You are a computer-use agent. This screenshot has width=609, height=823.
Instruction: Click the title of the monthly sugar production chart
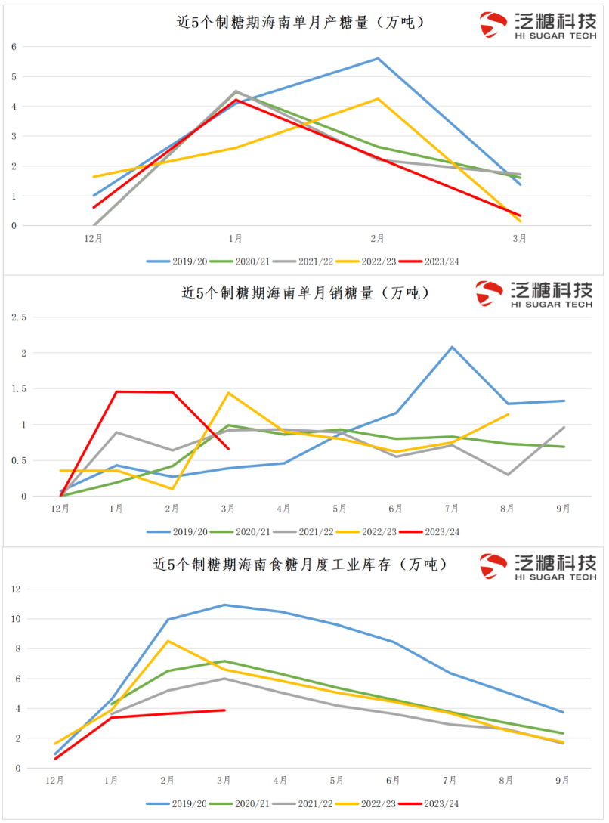pyautogui.click(x=300, y=23)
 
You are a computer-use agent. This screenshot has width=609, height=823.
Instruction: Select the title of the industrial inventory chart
pyautogui.click(x=301, y=564)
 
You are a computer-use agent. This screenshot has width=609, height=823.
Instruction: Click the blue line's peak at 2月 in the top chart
pyautogui.click(x=378, y=59)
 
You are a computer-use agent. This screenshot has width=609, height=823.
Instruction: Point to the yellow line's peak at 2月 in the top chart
pyautogui.click(x=378, y=99)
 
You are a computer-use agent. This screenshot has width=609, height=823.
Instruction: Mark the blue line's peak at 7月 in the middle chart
pyautogui.click(x=452, y=347)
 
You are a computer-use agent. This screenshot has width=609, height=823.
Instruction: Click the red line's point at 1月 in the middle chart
pyautogui.click(x=116, y=391)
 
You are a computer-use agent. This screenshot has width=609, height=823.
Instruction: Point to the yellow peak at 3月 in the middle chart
pyautogui.click(x=228, y=393)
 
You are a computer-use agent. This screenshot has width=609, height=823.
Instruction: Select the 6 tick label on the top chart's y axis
pyautogui.click(x=14, y=47)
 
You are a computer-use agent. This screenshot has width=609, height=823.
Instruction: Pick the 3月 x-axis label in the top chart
pyautogui.click(x=520, y=239)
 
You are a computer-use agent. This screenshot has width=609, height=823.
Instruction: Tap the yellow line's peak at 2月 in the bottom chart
pyautogui.click(x=168, y=641)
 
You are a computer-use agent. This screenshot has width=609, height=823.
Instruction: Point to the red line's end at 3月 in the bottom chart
pyautogui.click(x=224, y=710)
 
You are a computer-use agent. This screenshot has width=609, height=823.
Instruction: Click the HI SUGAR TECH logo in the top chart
pyautogui.click(x=537, y=25)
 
